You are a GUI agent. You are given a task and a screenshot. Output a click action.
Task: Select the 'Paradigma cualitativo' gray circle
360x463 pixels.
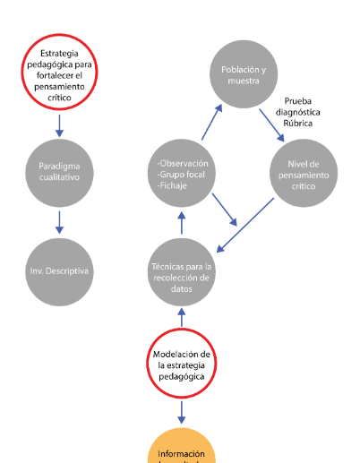[59, 172]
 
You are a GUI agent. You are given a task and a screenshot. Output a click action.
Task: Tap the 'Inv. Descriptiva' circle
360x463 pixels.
[59, 270]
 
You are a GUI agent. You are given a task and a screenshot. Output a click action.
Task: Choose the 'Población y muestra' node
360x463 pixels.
[244, 73]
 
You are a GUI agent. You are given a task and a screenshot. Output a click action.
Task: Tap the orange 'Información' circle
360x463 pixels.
[182, 448]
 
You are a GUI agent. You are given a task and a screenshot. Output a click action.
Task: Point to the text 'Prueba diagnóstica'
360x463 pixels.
[309, 114]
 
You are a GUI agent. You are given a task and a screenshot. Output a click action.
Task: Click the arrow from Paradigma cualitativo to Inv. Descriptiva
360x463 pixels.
[59, 220]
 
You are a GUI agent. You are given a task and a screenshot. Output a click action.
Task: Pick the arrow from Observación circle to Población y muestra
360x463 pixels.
[212, 121]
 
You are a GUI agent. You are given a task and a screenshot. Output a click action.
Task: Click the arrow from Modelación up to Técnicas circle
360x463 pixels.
[182, 317]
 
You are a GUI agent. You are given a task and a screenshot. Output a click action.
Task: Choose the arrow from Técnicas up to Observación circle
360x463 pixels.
[182, 222]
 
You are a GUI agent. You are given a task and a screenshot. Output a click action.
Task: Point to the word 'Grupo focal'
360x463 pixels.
[184, 175]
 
